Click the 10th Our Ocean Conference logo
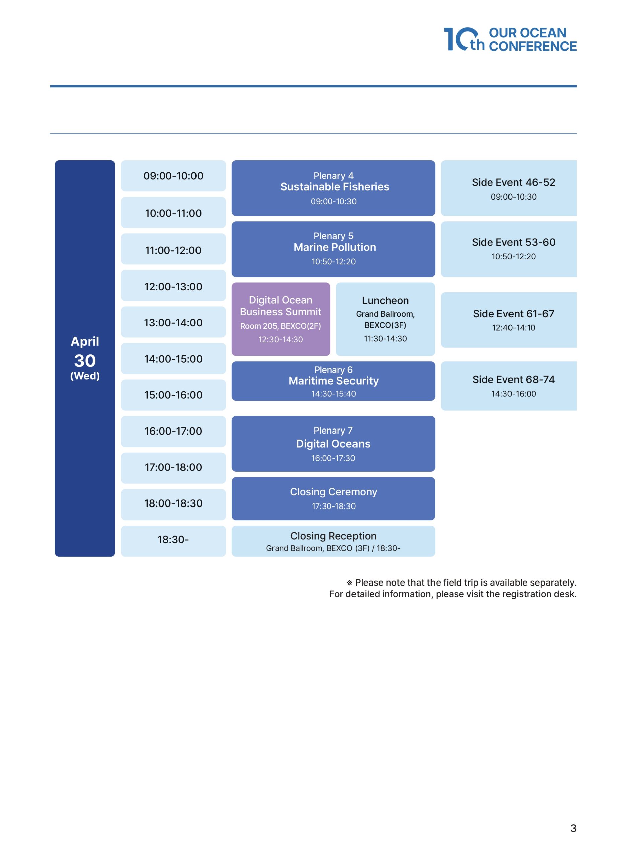point(510,39)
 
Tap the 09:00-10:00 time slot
point(173,176)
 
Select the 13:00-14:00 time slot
point(173,322)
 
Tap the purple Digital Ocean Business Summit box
point(281,319)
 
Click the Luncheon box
point(385,319)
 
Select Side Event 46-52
point(508,188)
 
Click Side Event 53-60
point(508,249)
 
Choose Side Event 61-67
point(508,320)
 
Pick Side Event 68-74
point(508,386)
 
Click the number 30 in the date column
point(85,361)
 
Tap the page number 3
point(573,828)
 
